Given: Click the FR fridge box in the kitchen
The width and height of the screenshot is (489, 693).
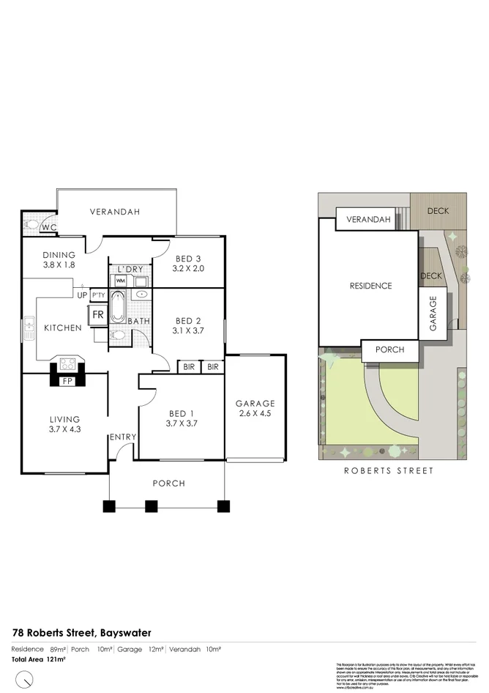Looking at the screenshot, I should point(97,316).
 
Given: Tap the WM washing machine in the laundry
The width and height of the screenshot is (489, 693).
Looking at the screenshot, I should point(120,281).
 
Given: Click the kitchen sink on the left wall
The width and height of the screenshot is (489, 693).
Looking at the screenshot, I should point(29,327).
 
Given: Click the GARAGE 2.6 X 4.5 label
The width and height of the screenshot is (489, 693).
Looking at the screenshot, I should point(255,408).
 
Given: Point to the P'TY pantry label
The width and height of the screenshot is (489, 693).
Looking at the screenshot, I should point(99,295).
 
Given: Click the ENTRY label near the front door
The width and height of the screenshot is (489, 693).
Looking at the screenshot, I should point(123,437).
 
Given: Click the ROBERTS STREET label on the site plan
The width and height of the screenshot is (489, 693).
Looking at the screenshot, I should point(389,471).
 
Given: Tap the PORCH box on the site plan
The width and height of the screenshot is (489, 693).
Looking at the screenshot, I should point(389,350).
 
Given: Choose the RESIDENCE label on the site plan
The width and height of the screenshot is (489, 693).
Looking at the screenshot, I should point(370,286).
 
